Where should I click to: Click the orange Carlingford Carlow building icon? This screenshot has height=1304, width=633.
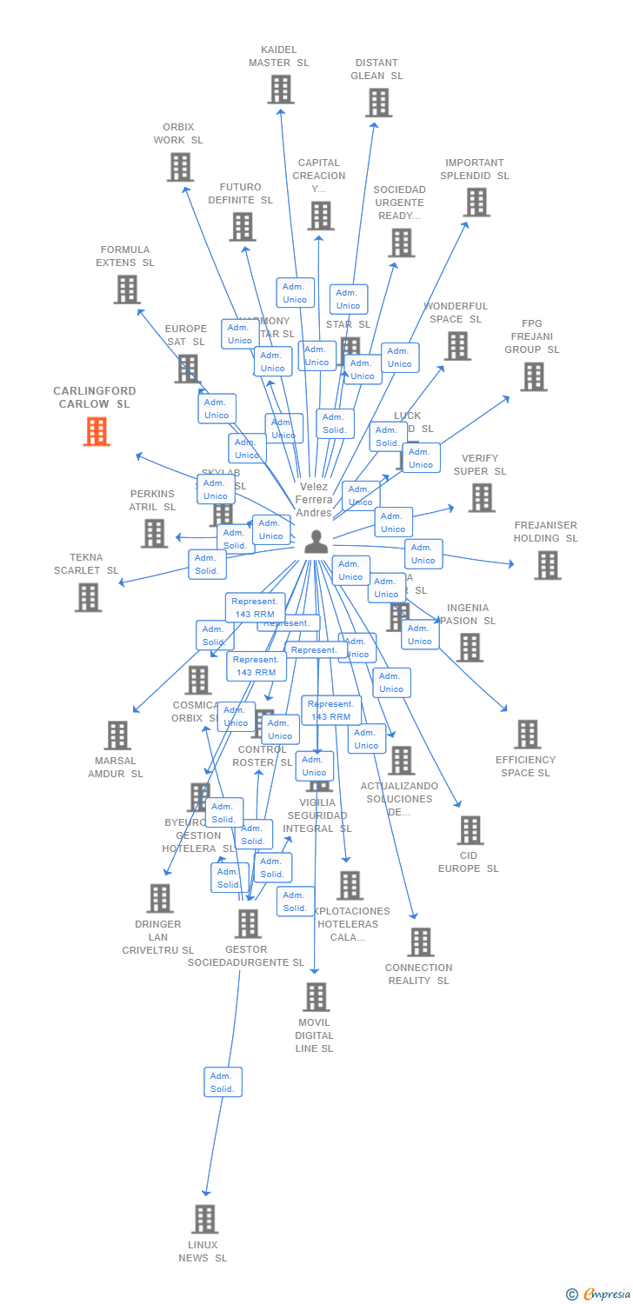pos(97,431)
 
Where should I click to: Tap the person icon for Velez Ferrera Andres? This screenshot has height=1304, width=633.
pos(316,542)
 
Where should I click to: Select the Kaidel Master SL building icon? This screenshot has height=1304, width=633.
pos(280,90)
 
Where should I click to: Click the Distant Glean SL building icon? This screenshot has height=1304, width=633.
pos(378,103)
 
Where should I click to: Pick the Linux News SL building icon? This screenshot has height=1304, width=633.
pos(204,1219)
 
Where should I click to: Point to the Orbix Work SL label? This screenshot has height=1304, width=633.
pos(178,134)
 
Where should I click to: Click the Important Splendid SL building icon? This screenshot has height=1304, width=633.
pos(476,203)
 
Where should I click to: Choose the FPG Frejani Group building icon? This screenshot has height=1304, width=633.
pos(533,376)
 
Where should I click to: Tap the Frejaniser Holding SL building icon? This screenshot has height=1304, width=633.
pos(547,565)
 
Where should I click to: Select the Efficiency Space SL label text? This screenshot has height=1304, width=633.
pos(526,767)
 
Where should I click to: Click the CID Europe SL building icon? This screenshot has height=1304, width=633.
pos(470,830)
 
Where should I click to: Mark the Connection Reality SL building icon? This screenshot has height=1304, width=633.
pos(421,941)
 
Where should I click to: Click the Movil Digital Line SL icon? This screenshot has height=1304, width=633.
pos(316,997)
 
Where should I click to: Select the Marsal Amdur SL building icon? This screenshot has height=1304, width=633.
pos(117,735)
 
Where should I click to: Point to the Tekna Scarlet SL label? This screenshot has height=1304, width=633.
pos(86,564)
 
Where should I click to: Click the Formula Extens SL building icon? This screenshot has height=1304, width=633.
pos(127,289)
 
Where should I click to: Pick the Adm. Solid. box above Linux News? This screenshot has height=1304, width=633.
pos(223,1082)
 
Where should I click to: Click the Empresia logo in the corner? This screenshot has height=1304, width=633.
pos(599,1294)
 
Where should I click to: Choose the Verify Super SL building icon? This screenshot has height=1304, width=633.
pos(481,498)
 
